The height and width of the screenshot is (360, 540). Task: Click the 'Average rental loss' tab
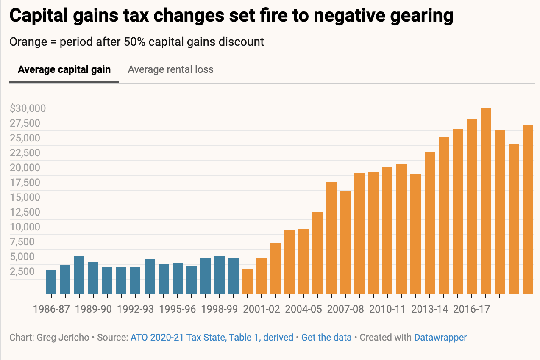tap(170, 69)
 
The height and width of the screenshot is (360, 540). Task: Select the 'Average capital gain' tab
tap(64, 69)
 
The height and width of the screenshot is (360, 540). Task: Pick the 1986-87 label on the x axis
tap(51, 309)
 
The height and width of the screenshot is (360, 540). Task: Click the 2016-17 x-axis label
tap(471, 309)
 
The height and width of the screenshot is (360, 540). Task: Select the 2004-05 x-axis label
tap(303, 309)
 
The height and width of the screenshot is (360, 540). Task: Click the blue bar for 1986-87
tap(51, 282)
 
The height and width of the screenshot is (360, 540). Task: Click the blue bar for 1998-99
tap(220, 275)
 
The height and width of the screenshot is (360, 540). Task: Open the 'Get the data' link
tap(326, 338)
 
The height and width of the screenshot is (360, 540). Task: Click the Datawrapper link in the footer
tap(440, 338)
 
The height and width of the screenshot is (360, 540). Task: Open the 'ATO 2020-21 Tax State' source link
tap(212, 338)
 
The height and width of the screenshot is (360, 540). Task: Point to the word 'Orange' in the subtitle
tap(26, 42)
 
